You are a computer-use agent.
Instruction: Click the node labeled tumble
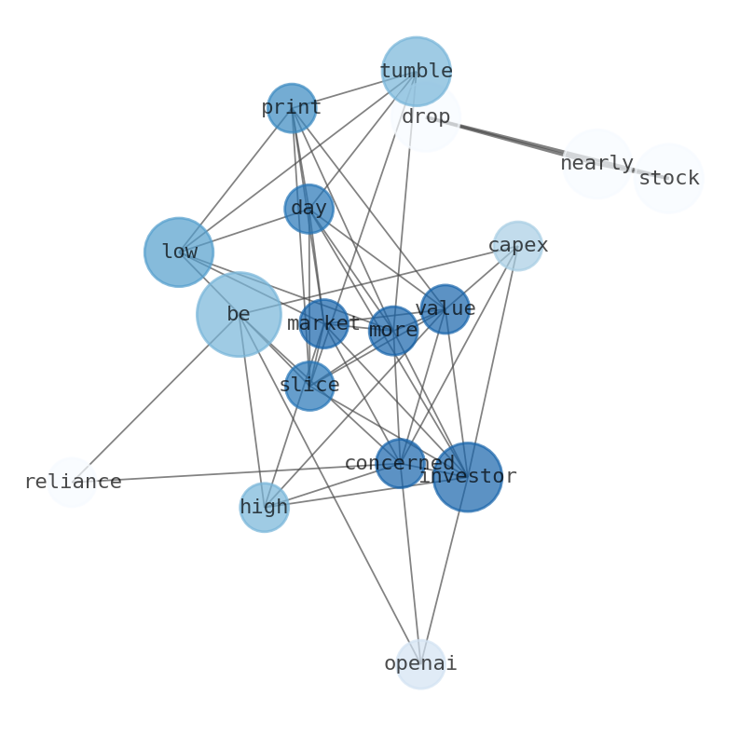tap(416, 72)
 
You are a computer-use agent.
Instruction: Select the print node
tap(292, 108)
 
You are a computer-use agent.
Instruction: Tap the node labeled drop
tap(426, 117)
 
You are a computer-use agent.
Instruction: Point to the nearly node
tap(597, 164)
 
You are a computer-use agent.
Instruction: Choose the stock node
tap(668, 178)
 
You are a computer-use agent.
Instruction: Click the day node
tap(308, 209)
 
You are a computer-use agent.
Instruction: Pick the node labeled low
tap(179, 252)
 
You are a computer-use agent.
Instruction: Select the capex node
tap(518, 246)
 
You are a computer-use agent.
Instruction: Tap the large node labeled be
tap(239, 314)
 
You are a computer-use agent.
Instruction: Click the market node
tap(323, 323)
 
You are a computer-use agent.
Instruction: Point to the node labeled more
tap(393, 330)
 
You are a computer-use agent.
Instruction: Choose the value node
tap(445, 308)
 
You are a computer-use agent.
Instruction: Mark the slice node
tap(309, 385)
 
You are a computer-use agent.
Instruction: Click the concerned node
tap(401, 463)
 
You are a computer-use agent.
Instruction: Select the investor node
tap(468, 476)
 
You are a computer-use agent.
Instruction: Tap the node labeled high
tap(264, 507)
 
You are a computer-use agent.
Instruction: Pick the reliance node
tap(72, 482)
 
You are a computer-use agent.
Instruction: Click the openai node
tap(420, 663)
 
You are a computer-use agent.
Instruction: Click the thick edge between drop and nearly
tap(512, 140)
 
